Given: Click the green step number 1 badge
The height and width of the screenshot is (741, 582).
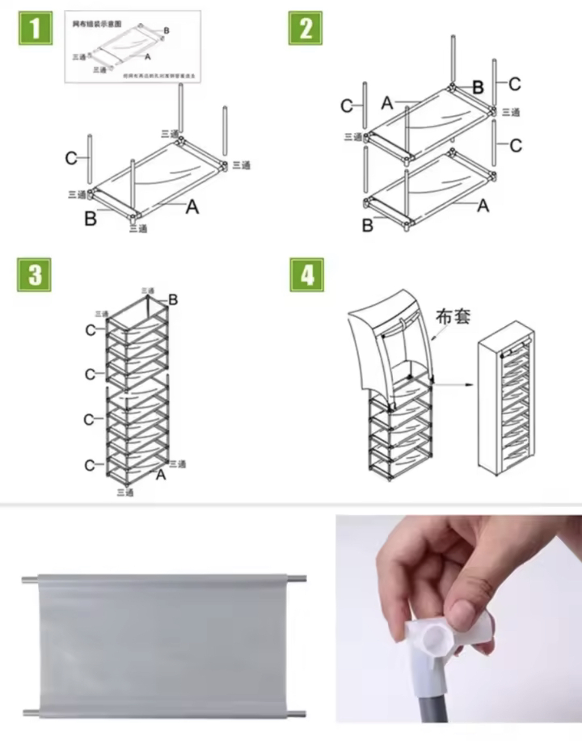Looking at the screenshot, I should tap(35, 28).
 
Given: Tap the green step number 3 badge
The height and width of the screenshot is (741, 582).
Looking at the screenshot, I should tap(34, 275).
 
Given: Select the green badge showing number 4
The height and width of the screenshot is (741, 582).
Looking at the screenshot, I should tap(307, 275).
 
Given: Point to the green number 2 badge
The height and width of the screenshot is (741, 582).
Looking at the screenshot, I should tap(305, 28).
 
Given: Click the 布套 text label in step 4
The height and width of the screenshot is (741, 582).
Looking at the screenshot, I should tap(453, 316).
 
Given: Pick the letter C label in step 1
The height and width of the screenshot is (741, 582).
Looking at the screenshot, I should tap(71, 158).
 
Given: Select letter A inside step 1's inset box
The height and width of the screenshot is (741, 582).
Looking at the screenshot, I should tap(148, 56).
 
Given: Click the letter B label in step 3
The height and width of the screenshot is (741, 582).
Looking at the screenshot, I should tap(173, 299).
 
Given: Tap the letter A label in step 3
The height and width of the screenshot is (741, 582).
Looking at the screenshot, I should tap(161, 474).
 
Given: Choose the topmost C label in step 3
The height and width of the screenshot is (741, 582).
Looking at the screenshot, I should tap(91, 330).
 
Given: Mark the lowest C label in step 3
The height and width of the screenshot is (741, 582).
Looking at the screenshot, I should tap(89, 465).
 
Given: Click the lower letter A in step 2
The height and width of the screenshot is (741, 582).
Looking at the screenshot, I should tap(483, 206).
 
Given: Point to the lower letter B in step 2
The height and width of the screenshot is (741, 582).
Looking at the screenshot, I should tap(367, 225).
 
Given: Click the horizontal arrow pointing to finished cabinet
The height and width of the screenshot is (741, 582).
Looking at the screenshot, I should tap(453, 385).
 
